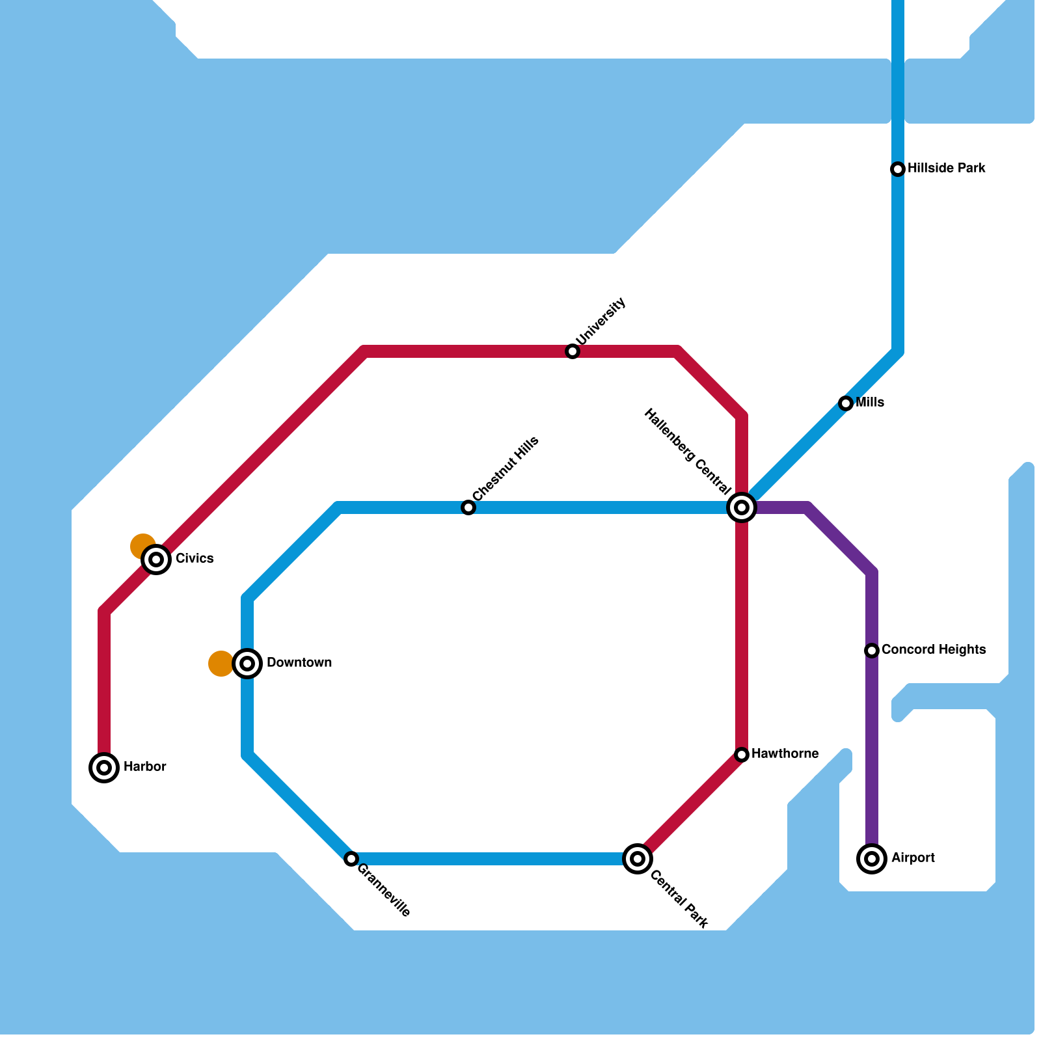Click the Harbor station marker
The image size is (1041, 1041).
(x=104, y=768)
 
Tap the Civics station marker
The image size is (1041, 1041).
(x=156, y=560)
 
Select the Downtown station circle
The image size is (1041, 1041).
(x=247, y=664)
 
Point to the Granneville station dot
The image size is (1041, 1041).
(x=351, y=859)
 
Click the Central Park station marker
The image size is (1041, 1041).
(x=638, y=859)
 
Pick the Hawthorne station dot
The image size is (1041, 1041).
(x=742, y=755)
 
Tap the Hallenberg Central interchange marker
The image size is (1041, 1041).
(x=742, y=507)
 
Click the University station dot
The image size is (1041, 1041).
(x=573, y=351)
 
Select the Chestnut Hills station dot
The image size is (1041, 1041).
(x=468, y=507)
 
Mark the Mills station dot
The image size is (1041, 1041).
(x=846, y=403)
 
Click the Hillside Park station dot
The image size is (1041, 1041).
(x=898, y=169)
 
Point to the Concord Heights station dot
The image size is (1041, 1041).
(x=872, y=651)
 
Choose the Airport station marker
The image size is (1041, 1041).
(x=872, y=859)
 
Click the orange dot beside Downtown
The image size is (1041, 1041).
(x=220, y=664)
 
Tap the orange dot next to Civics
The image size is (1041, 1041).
(x=142, y=546)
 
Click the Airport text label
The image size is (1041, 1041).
(x=913, y=858)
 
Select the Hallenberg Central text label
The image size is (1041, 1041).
(x=687, y=450)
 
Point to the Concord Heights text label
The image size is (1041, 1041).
(x=934, y=650)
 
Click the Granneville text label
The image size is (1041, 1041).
(x=384, y=890)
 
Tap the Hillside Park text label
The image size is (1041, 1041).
(x=947, y=169)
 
